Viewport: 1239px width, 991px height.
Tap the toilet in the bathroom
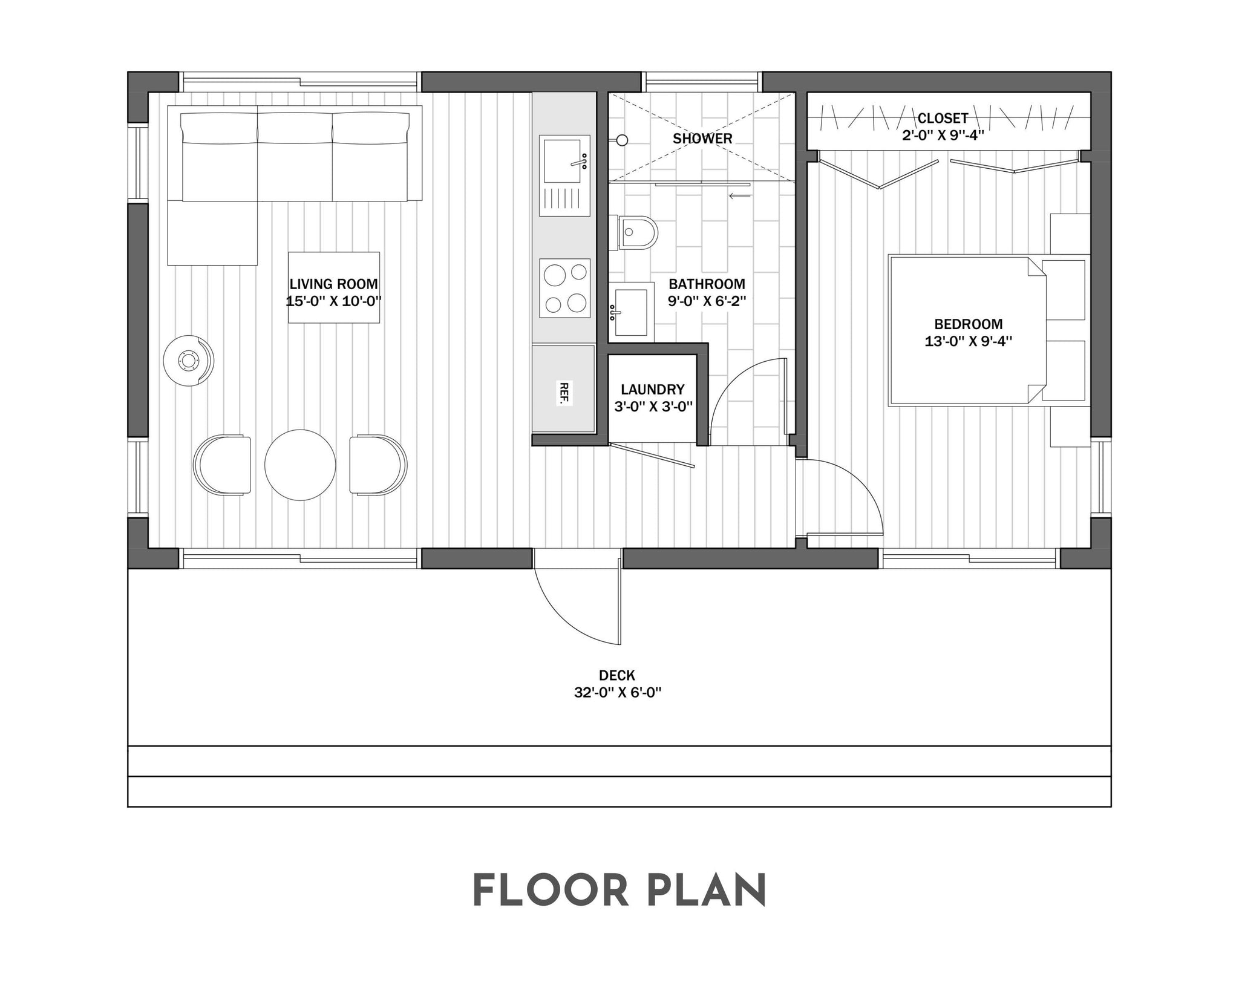[638, 232]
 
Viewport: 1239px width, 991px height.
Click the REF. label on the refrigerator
[564, 393]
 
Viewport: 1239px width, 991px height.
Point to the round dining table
[300, 465]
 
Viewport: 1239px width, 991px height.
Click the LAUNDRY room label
[653, 390]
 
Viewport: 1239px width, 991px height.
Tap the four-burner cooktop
[565, 288]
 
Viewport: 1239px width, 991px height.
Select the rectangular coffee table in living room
[334, 287]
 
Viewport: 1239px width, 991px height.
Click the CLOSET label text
[943, 118]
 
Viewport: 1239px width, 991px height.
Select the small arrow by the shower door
[740, 195]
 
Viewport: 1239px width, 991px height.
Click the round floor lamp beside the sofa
[189, 361]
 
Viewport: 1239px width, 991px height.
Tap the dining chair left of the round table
[223, 465]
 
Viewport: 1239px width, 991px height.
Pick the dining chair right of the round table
[378, 465]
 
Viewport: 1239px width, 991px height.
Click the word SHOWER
[702, 139]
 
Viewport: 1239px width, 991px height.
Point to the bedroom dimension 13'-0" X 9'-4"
[968, 341]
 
